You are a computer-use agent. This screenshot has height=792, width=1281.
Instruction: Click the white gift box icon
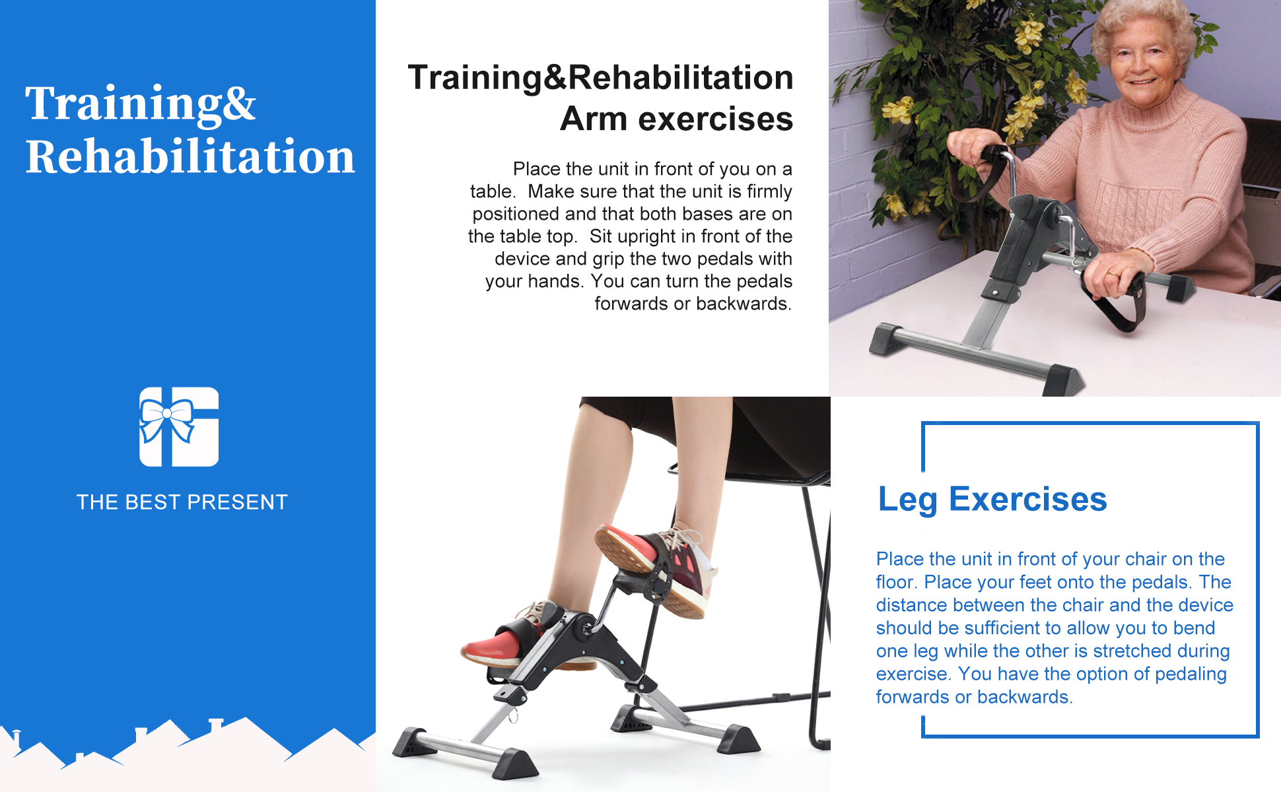pyautogui.click(x=179, y=427)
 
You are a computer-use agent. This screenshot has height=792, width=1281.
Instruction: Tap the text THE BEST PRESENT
pyautogui.click(x=182, y=502)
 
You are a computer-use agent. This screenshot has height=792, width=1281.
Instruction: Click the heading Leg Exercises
pyautogui.click(x=992, y=500)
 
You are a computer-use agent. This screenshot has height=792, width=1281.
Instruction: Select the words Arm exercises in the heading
pyautogui.click(x=676, y=119)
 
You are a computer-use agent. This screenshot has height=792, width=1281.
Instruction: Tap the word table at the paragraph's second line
pyautogui.click(x=491, y=191)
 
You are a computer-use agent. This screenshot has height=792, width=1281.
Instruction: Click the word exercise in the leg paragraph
pyautogui.click(x=914, y=674)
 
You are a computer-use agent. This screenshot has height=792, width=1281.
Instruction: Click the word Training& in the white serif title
pyautogui.click(x=141, y=104)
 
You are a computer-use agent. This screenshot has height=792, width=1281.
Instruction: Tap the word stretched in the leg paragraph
pyautogui.click(x=1132, y=651)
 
